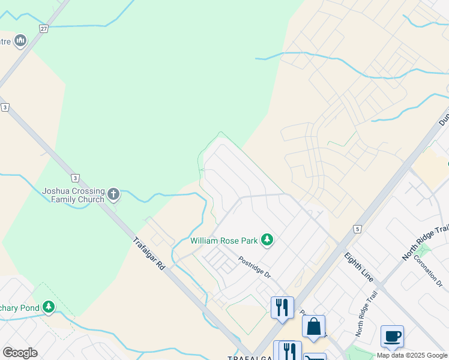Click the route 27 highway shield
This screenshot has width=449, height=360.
coord(43,28)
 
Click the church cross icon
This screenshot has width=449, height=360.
coord(113,194)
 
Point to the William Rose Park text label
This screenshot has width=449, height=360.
coord(224,241)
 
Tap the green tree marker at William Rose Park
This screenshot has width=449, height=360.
coord(267,241)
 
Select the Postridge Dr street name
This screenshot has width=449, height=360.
coord(255,266)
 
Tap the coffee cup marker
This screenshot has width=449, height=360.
coord(392,336)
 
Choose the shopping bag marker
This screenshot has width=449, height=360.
coord(313,327)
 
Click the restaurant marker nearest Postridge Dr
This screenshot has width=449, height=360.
coord(282,307)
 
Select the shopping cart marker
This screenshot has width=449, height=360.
coord(315,358)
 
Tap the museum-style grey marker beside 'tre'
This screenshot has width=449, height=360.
coord(20,41)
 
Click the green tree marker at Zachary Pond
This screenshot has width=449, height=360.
coord(48,308)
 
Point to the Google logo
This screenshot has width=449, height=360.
coord(20,353)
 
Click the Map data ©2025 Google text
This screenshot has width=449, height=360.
coord(412,355)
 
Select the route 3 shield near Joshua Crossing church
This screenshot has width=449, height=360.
coord(75,178)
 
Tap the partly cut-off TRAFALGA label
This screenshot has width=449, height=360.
coord(251,357)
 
